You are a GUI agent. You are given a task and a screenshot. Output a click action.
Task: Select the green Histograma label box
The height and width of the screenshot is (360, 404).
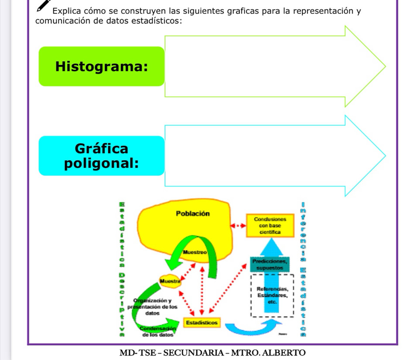tap(101, 67)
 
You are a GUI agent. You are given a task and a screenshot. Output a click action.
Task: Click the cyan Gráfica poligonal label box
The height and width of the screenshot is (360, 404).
tap(101, 156)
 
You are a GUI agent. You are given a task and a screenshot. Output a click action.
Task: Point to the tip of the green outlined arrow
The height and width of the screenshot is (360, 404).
tap(385, 66)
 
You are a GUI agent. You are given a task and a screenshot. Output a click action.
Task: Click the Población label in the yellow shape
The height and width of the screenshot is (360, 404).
tap(192, 214)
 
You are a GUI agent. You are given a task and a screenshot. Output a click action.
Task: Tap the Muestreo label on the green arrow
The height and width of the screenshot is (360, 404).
tap(194, 252)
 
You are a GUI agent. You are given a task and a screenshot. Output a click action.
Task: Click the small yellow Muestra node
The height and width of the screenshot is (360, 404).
tap(170, 281)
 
